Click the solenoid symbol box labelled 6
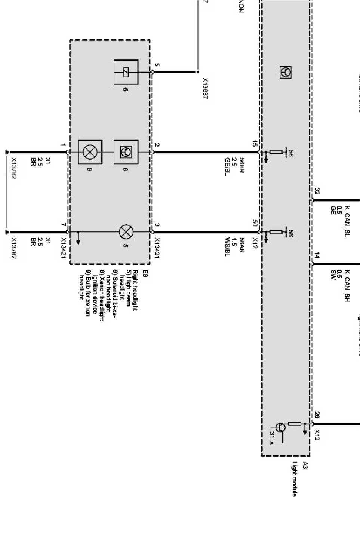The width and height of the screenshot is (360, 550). pyautogui.click(x=126, y=72)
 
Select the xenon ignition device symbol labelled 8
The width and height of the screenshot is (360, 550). pyautogui.click(x=126, y=152)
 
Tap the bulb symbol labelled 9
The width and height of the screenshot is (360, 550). pyautogui.click(x=90, y=152)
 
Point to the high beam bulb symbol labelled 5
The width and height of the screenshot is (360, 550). pyautogui.click(x=126, y=232)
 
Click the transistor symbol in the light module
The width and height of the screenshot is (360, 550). pyautogui.click(x=280, y=427)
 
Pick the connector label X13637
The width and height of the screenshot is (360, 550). pyautogui.click(x=205, y=89)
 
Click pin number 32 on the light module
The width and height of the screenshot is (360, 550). pyautogui.click(x=317, y=191)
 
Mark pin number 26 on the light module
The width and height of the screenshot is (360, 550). pyautogui.click(x=317, y=415)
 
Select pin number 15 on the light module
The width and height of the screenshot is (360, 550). pyautogui.click(x=255, y=144)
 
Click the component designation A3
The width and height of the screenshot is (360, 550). pyautogui.click(x=305, y=466)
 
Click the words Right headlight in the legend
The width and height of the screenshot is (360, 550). pyautogui.click(x=135, y=290)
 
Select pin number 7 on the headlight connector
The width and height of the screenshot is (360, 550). pyautogui.click(x=64, y=225)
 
